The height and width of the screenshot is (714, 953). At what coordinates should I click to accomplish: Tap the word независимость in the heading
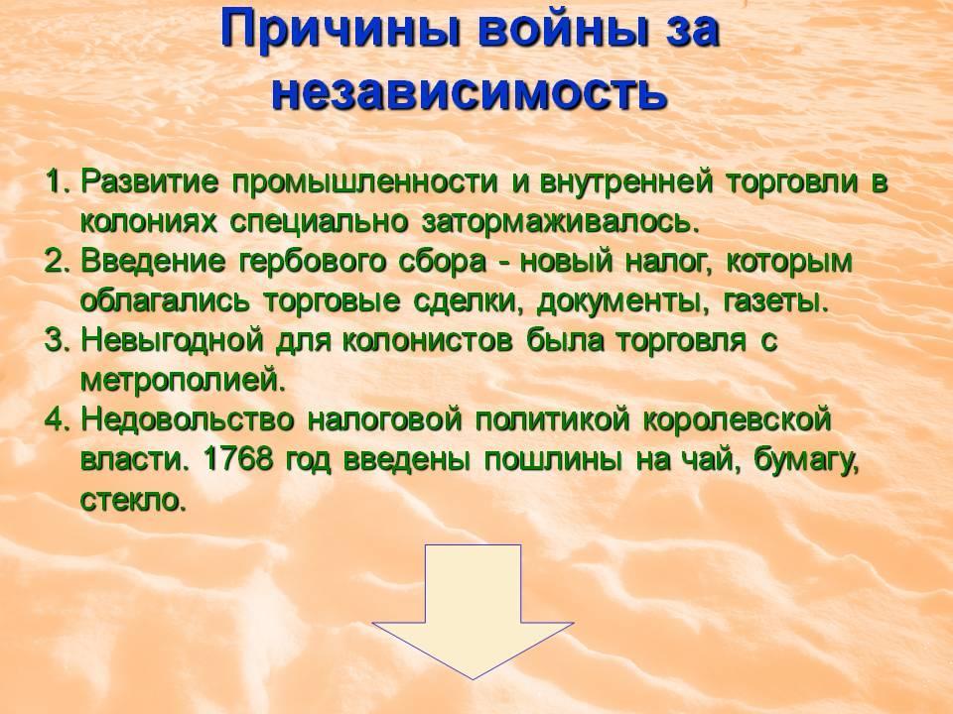point(470,91)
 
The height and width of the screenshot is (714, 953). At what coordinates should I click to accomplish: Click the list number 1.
point(59,182)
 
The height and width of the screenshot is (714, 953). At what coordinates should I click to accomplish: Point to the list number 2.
point(59,262)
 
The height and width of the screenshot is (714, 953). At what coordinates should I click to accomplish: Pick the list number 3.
point(59,340)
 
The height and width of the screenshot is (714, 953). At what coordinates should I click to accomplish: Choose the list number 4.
point(59,419)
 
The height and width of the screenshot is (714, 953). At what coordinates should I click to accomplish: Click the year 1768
point(236,459)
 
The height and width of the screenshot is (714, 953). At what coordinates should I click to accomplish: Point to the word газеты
point(776,301)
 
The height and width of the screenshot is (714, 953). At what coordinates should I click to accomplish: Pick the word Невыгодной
point(172,340)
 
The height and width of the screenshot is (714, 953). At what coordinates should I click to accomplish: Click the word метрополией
point(183,381)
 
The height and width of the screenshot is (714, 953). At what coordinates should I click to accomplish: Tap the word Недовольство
point(188,420)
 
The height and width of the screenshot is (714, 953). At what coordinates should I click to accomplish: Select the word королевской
point(737,420)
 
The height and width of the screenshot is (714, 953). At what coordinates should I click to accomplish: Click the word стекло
point(132,500)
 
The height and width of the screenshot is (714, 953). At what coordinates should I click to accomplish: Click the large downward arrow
point(473,612)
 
